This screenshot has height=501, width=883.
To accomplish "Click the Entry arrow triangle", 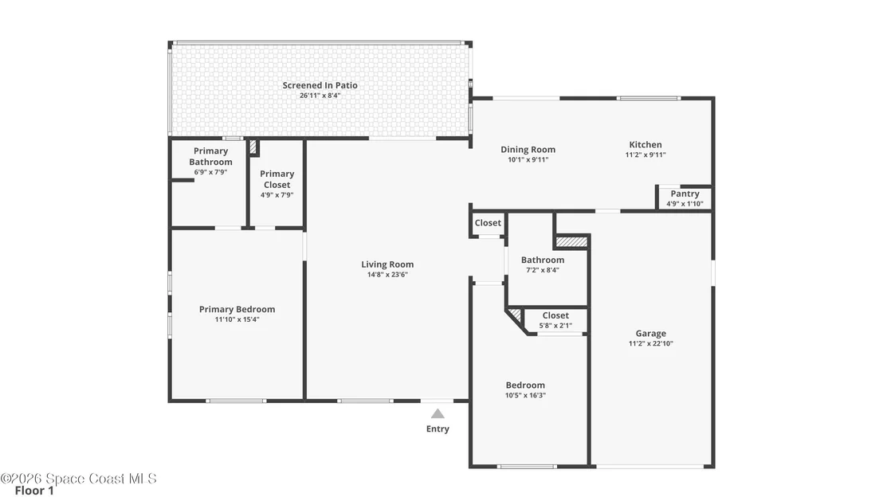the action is [x=438, y=414].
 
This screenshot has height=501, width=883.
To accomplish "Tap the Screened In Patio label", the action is [x=320, y=85].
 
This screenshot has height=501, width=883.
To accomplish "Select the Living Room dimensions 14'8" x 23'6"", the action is [x=387, y=275].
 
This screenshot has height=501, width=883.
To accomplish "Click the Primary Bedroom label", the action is [x=237, y=309].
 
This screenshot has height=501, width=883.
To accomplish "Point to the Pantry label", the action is [x=685, y=194].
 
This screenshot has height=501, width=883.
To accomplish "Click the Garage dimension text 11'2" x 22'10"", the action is [x=651, y=343].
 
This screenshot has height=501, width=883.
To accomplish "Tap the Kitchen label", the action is [x=646, y=145].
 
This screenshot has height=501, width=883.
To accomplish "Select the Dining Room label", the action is [x=528, y=150].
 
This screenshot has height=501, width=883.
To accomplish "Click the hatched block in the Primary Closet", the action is [x=253, y=147].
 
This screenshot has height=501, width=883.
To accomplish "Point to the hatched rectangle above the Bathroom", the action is [x=571, y=241].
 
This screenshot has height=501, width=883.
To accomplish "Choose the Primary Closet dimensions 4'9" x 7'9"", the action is [x=277, y=195].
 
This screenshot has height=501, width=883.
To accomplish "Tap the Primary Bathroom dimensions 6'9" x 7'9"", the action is [x=210, y=172].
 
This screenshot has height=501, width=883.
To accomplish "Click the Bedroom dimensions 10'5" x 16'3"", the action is [x=525, y=395].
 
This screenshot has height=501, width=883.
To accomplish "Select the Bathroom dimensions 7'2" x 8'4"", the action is [x=543, y=270].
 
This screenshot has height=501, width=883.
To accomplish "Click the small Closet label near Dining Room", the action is [x=488, y=223].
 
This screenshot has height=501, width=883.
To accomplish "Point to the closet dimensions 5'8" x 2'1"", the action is [x=555, y=325].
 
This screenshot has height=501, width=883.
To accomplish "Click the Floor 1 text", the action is [x=34, y=491].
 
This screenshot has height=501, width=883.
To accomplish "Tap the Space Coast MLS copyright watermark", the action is [x=78, y=479].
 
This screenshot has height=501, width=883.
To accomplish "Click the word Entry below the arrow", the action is [x=438, y=429].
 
